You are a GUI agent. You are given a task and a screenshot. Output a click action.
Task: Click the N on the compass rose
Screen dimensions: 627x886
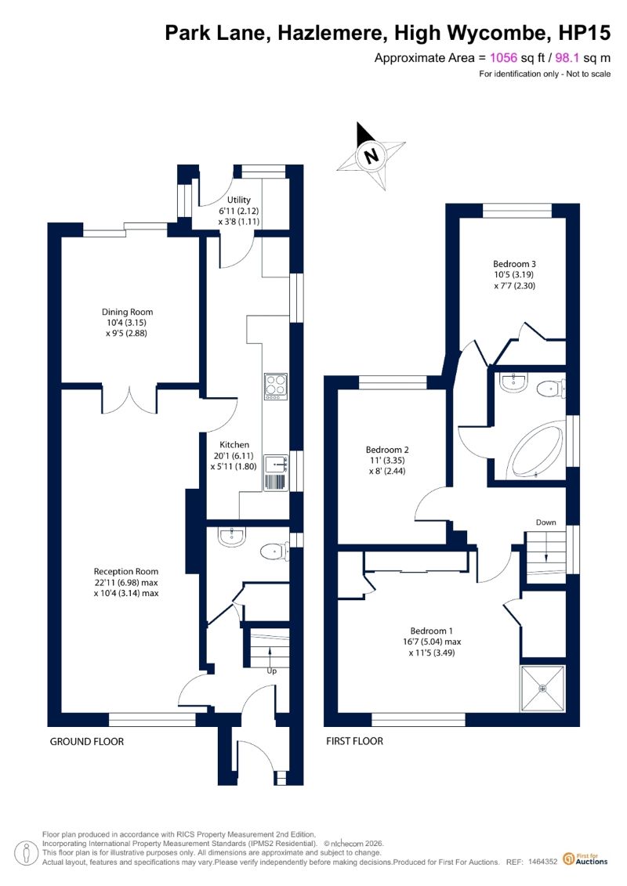pyautogui.click(x=371, y=155)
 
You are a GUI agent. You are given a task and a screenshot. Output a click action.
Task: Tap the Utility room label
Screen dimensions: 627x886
pyautogui.click(x=238, y=200)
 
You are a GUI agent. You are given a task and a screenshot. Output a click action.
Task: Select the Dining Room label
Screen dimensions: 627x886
pyautogui.click(x=127, y=311)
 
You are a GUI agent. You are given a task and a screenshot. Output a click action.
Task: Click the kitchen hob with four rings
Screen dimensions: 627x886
pyautogui.click(x=276, y=386)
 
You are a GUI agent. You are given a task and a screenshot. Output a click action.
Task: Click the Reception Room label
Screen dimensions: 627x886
pyautogui.click(x=126, y=571)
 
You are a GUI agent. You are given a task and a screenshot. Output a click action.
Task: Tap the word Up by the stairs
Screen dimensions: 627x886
pyautogui.click(x=272, y=671)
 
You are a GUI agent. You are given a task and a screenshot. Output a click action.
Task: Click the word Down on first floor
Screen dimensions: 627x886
pyautogui.click(x=545, y=522)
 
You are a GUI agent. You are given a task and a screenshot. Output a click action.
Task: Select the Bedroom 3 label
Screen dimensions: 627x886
pyautogui.click(x=514, y=264)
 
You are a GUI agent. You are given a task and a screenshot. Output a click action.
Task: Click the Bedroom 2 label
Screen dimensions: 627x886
pyautogui.click(x=387, y=450)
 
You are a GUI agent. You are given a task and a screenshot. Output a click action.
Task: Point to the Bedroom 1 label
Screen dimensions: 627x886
pyautogui.click(x=431, y=631)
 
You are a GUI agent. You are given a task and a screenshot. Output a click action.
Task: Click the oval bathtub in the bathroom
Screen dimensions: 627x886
pyautogui.click(x=536, y=449)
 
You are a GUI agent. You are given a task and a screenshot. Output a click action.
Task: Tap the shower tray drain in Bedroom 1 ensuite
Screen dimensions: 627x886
pyautogui.click(x=543, y=689)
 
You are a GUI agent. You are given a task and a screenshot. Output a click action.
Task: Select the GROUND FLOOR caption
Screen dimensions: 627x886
pyautogui.click(x=86, y=741)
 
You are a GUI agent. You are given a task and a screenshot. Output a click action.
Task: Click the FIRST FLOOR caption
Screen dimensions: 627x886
pyautogui.click(x=354, y=741)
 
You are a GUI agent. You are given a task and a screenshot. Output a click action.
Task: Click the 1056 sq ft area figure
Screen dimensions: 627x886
pyautogui.click(x=518, y=58)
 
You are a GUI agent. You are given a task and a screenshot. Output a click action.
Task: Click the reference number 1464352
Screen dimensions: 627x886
pyautogui.click(x=543, y=862)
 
